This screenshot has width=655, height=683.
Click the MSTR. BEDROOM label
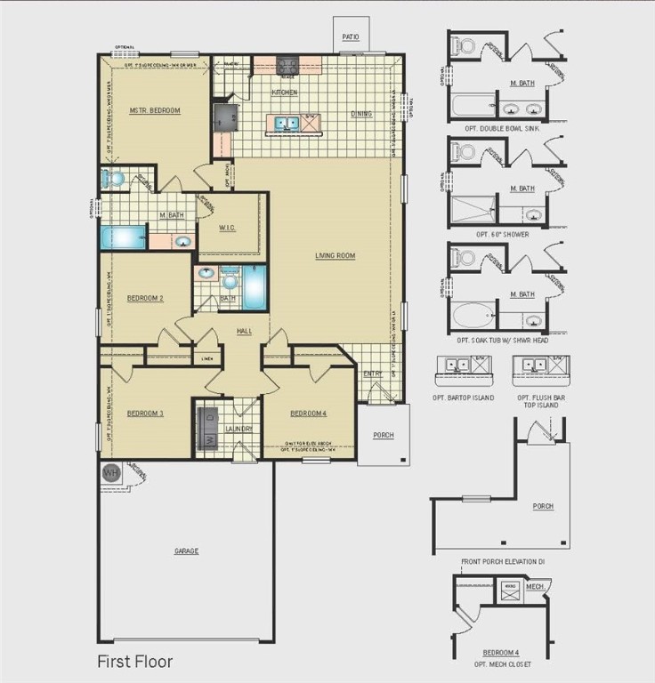pyautogui.click(x=155, y=111)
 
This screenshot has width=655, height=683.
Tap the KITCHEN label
pyautogui.click(x=284, y=92)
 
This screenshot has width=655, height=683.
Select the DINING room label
pyautogui.click(x=360, y=114)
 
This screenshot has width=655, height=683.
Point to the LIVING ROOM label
pyautogui.click(x=335, y=255)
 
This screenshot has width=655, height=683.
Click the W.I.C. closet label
pyautogui.click(x=229, y=226)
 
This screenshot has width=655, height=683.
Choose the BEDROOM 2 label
pyautogui.click(x=144, y=298)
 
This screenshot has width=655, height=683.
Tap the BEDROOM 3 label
pyautogui.click(x=144, y=413)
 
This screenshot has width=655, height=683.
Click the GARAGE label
pyautogui.click(x=186, y=551)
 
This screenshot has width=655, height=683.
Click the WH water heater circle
pyautogui.click(x=110, y=471)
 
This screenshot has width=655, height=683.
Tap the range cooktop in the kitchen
pyautogui.click(x=287, y=65)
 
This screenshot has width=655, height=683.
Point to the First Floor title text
pyautogui.click(x=134, y=662)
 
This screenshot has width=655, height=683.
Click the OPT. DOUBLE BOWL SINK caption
pyautogui.click(x=497, y=128)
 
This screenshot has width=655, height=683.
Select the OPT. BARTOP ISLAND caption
pyautogui.click(x=463, y=397)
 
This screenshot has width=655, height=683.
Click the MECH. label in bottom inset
pyautogui.click(x=535, y=587)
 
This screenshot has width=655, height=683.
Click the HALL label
pyautogui.click(x=245, y=331)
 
